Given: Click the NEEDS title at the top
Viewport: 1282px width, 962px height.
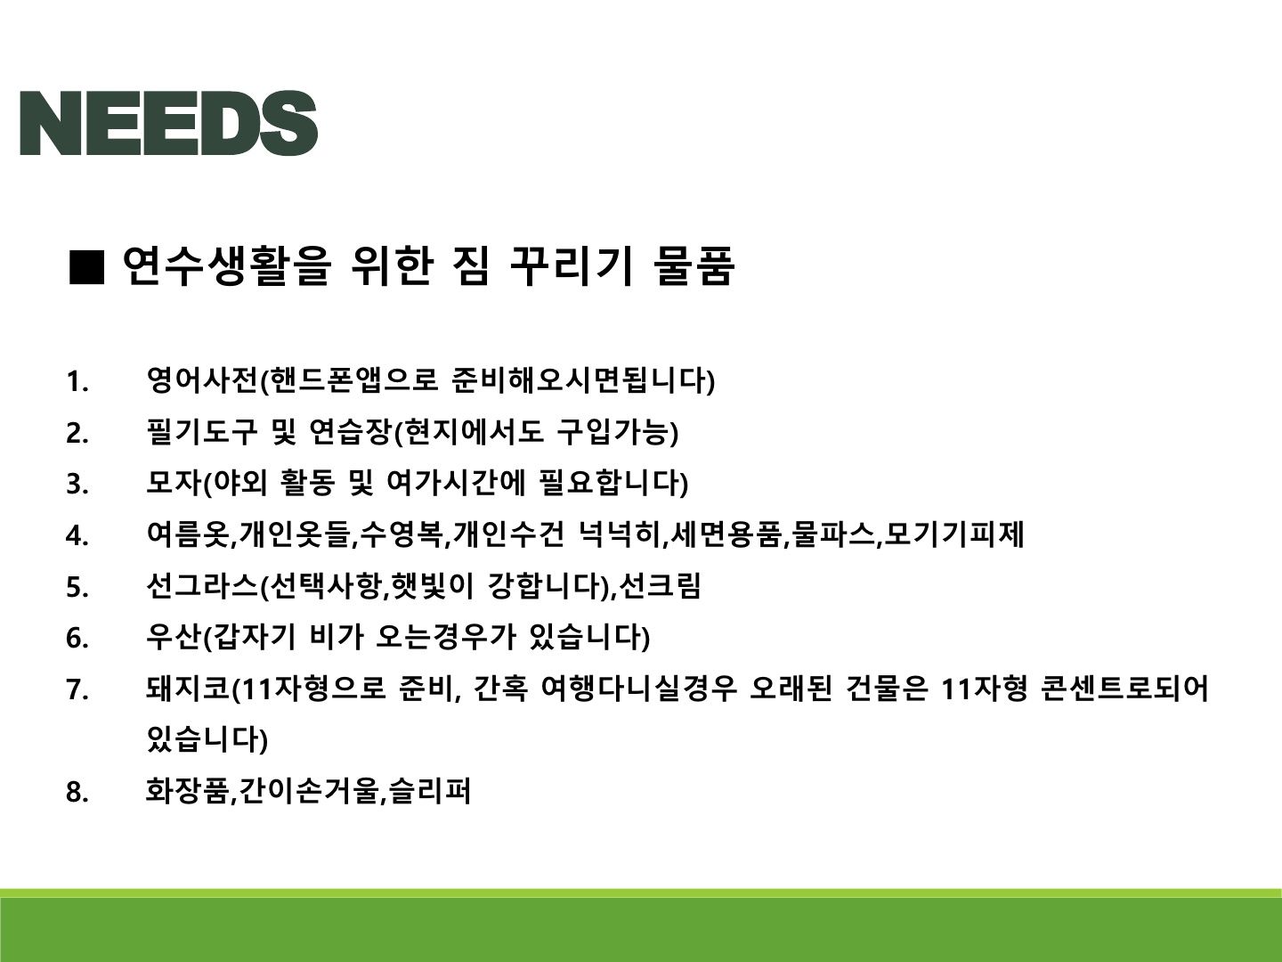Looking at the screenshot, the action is coord(169,123).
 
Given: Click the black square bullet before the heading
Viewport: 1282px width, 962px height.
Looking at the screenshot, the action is coord(86,267).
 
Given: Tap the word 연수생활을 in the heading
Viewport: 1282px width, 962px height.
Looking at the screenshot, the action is coord(227,266).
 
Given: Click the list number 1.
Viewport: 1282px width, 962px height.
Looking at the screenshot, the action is coord(77,382).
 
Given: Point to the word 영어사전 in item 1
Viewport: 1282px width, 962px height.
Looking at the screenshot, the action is coord(201,380).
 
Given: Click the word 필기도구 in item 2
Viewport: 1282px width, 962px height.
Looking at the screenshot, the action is coord(201,432).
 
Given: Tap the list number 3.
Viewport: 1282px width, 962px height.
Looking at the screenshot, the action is coord(77,485).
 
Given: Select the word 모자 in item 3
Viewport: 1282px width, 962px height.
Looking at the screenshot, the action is coord(174,483).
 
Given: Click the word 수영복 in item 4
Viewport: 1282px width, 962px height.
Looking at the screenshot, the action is coord(401,534).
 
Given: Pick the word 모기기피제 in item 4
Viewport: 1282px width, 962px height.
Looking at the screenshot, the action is coord(953,534).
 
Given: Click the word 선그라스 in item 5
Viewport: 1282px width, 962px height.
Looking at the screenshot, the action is coord(201,585).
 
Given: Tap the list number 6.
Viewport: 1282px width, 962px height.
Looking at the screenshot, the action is coord(77,638).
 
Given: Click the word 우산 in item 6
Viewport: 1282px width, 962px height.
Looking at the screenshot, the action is coord(174,636).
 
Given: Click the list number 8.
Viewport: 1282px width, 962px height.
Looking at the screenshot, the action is coord(77,793).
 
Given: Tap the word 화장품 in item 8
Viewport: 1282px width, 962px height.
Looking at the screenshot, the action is coord(187,791).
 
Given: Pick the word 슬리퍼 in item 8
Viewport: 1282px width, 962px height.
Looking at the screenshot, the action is coord(429,791).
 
